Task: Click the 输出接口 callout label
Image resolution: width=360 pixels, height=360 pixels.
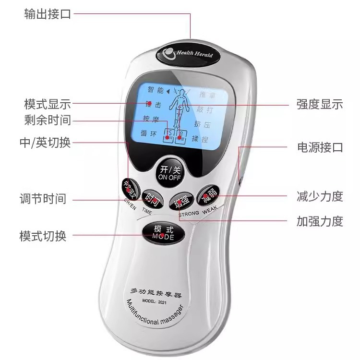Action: pos(48,14)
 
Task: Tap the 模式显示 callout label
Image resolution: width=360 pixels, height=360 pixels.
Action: pos(48,104)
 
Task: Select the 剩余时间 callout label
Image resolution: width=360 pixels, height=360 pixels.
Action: pos(48,120)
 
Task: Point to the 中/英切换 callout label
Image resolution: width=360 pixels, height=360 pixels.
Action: pos(45,143)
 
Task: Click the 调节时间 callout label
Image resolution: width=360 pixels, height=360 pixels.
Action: pos(43,198)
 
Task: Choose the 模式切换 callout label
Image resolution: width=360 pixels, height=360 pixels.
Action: pos(43,236)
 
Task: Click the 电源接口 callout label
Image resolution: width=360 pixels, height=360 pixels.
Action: pos(320,147)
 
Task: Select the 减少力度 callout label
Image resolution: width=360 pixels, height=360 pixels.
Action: pos(320,196)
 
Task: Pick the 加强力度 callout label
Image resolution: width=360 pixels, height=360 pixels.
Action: pos(320,221)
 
